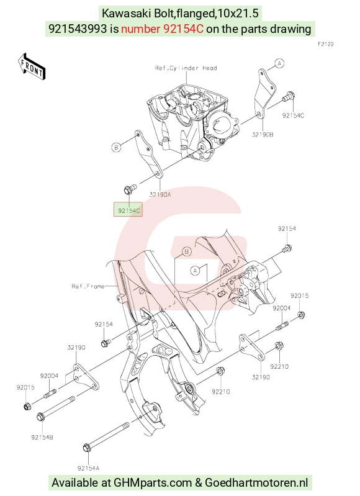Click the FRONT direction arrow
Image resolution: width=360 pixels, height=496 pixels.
[31, 66]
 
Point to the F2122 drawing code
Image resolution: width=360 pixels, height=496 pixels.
[325, 44]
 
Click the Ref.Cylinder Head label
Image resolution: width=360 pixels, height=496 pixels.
[186, 68]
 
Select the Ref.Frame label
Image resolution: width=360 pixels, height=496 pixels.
[88, 286]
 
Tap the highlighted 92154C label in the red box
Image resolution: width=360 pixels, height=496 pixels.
[128, 210]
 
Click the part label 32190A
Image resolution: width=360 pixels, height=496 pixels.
[160, 194]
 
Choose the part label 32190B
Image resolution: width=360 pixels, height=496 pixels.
[263, 135]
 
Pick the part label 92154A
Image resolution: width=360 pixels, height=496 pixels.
[88, 468]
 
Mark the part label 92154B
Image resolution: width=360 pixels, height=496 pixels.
[42, 437]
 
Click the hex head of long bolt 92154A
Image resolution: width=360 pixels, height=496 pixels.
[87, 448]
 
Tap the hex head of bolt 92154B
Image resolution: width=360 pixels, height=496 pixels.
[41, 417]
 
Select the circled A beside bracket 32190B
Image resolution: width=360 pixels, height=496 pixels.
[279, 63]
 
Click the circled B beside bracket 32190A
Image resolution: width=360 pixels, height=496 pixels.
[117, 147]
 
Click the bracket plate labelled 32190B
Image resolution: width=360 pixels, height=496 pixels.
[265, 94]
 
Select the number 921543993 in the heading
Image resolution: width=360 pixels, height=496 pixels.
[78, 29]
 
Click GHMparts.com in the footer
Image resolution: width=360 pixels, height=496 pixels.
[153, 483]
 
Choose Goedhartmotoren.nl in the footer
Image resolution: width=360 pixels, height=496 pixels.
[256, 483]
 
